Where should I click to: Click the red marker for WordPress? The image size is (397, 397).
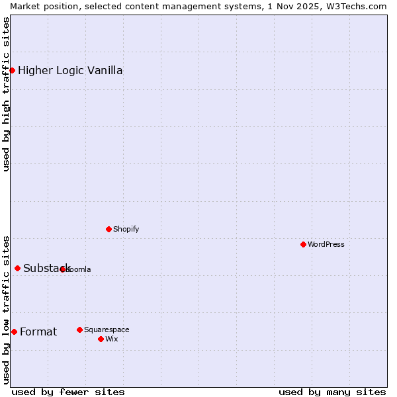tap(303, 244)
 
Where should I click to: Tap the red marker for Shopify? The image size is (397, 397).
tap(109, 229)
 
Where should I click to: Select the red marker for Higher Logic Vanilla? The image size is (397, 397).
tap(12, 70)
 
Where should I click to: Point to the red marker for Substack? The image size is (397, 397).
tap(17, 268)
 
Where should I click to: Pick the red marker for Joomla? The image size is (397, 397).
tap(63, 269)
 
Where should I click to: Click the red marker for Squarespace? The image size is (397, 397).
tap(79, 330)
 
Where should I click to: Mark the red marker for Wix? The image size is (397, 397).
tap(101, 339)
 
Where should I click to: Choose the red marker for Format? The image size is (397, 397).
tap(14, 331)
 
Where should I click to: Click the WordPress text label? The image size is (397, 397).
tap(326, 244)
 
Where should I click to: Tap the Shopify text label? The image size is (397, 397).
tap(126, 229)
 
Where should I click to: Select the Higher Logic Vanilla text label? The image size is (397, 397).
tap(70, 70)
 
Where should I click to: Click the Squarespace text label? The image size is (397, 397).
tap(107, 330)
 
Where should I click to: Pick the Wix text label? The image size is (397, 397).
tap(112, 339)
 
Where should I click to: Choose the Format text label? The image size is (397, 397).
tap(38, 331)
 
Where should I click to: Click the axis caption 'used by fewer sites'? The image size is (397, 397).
tap(68, 392)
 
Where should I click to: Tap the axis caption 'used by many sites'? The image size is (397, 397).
tap(332, 392)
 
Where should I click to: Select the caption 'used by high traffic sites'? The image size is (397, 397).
tap(6, 94)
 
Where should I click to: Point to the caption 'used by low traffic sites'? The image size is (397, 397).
tap(6, 310)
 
